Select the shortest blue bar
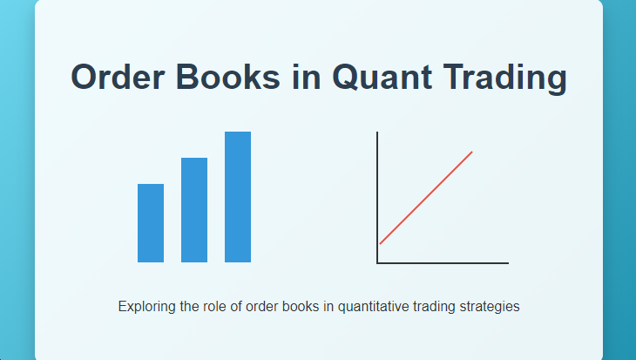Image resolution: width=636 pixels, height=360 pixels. [x=151, y=223]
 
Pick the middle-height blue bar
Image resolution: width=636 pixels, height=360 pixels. [x=194, y=210]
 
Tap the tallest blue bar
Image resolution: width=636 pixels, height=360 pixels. [x=238, y=197]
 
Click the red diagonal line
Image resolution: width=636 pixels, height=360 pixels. [x=426, y=198]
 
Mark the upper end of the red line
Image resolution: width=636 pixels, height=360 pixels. [x=471, y=153]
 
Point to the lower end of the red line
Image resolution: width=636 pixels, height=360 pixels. [x=381, y=243]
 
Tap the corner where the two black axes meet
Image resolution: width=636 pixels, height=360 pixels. [x=377, y=262]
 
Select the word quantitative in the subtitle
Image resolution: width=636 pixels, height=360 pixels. [x=375, y=307]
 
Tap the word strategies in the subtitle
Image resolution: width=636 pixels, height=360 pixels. [x=490, y=307]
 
